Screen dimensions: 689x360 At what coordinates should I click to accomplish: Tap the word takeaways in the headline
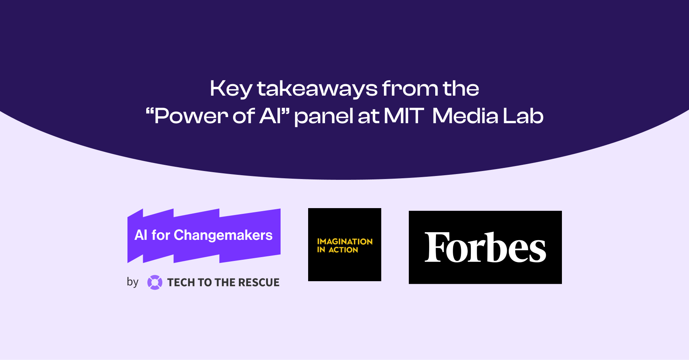(317, 89)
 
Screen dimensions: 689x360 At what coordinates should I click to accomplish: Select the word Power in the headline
(191, 116)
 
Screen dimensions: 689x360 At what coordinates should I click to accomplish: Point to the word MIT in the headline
(403, 116)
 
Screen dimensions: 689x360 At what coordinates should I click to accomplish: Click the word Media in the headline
(465, 116)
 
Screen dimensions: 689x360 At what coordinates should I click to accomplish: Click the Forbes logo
(485, 247)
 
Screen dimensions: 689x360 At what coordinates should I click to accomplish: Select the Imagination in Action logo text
(344, 246)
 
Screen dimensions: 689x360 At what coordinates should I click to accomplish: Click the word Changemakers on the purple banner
(223, 235)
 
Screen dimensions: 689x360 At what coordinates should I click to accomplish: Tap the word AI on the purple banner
(141, 235)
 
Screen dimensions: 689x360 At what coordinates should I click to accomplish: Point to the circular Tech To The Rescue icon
(155, 282)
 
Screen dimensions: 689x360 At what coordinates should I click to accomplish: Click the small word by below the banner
(132, 282)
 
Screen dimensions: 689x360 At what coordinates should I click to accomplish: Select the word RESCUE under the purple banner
(259, 282)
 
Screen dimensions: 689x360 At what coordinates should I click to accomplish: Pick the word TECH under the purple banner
(181, 282)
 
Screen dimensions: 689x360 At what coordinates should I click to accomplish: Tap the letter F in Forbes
(437, 247)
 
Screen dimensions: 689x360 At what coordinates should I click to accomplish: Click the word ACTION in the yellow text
(343, 250)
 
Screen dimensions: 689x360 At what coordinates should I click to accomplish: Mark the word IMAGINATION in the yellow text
(344, 241)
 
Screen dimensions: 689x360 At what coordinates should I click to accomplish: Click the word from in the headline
(410, 88)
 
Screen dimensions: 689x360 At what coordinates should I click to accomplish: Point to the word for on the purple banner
(160, 235)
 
